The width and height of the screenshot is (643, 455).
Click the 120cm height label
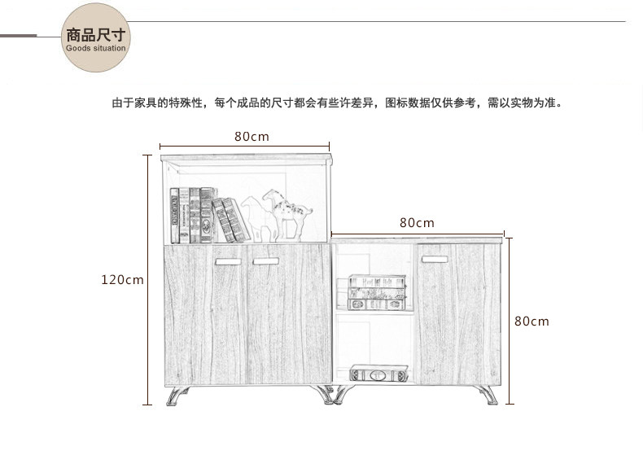coord(122,280)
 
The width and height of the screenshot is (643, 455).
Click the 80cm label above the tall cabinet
coord(252,137)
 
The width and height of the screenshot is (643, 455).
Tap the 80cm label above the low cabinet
coord(417,222)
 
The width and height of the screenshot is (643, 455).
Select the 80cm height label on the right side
coord(531,322)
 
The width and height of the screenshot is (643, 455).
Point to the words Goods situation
coord(96,49)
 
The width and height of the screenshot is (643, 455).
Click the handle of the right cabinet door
coord(434,260)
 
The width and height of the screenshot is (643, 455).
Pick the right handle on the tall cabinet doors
coord(265,261)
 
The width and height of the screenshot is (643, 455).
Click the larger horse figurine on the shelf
coord(288,214)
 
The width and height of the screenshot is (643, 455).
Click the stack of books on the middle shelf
coord(375,292)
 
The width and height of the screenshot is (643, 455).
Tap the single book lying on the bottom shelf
coord(378,375)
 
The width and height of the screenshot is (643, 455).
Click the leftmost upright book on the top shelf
coord(174,216)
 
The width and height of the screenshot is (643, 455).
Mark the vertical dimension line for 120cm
coord(148,280)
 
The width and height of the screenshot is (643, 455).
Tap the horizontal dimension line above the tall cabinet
coord(244,147)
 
